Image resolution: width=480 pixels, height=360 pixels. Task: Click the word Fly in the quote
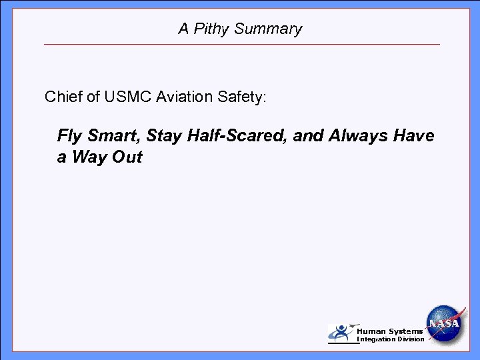(69, 137)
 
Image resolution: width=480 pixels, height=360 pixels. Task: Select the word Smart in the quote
(113, 137)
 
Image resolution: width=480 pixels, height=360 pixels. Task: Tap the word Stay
(164, 137)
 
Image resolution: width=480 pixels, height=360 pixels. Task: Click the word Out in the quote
(128, 159)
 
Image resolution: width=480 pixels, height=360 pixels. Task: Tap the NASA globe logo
(445, 323)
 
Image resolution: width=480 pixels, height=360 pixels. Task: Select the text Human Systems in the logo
(389, 331)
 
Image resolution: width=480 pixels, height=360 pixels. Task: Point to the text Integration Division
(391, 340)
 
